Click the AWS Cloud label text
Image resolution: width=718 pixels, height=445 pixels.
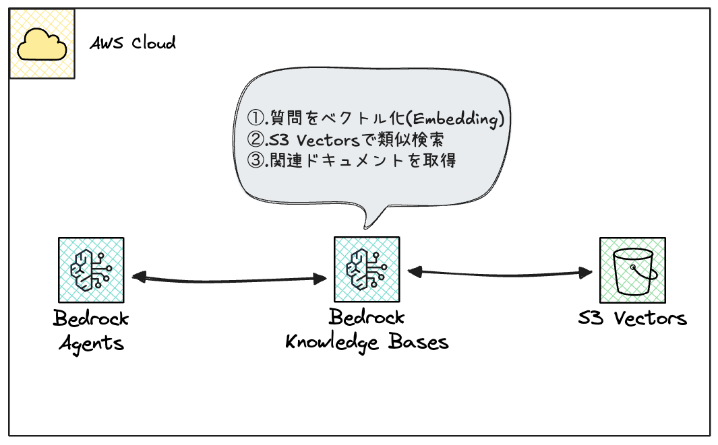(x=133, y=43)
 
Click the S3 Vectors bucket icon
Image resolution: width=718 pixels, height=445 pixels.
(x=632, y=269)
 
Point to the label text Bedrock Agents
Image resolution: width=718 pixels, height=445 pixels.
(x=91, y=330)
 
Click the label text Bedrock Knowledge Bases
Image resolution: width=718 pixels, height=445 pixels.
(x=367, y=329)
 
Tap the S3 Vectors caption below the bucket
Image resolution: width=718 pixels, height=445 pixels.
(x=632, y=318)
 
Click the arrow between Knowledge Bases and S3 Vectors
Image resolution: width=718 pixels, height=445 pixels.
(x=500, y=272)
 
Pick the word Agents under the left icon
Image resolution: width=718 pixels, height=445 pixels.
(x=91, y=343)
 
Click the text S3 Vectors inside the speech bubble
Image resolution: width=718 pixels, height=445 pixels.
(x=309, y=140)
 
